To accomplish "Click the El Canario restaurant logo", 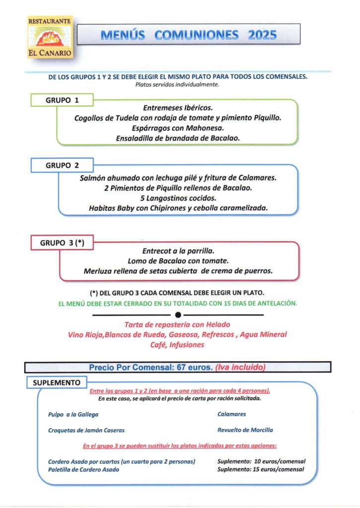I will pyautogui.click(x=50, y=37).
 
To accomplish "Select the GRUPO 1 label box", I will pyautogui.click(x=63, y=100).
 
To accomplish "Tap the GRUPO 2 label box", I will pyautogui.click(x=63, y=165).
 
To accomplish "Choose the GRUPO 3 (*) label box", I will pyautogui.click(x=63, y=243).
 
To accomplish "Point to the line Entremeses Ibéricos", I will pyautogui.click(x=178, y=108).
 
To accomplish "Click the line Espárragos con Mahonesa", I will pyautogui.click(x=178, y=128).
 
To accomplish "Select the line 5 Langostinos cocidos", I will pyautogui.click(x=178, y=198).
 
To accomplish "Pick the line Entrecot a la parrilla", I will pyautogui.click(x=178, y=251).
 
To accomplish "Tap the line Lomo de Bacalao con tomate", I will pyautogui.click(x=178, y=261).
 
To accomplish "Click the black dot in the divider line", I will pyautogui.click(x=178, y=315).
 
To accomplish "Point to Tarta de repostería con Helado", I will pyautogui.click(x=178, y=325).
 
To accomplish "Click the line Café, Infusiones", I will pyautogui.click(x=177, y=345).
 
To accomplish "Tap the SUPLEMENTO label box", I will pyautogui.click(x=57, y=383).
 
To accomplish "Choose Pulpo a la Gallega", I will pyautogui.click(x=73, y=414).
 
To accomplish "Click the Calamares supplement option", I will pyautogui.click(x=232, y=414).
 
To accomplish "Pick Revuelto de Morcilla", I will pyautogui.click(x=245, y=430).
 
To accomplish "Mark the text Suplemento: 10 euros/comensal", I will pyautogui.click(x=261, y=461).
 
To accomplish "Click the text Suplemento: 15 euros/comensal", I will pyautogui.click(x=261, y=469).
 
